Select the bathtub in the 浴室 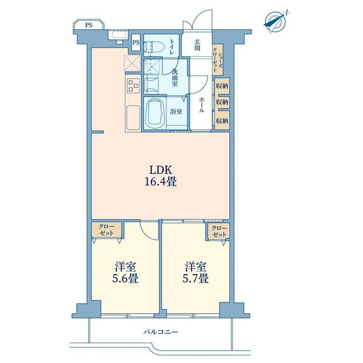(155, 112)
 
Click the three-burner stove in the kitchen (133, 86)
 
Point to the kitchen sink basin (133, 118)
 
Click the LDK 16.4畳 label (161, 176)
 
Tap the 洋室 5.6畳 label (125, 273)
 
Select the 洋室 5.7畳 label (196, 273)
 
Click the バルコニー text (161, 332)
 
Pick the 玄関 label (197, 45)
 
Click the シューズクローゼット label (218, 60)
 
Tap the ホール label (201, 105)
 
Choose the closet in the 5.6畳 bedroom (107, 230)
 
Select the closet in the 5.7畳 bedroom (219, 231)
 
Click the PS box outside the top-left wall (89, 25)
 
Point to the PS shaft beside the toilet (136, 43)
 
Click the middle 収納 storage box (222, 102)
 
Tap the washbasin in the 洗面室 (151, 85)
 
